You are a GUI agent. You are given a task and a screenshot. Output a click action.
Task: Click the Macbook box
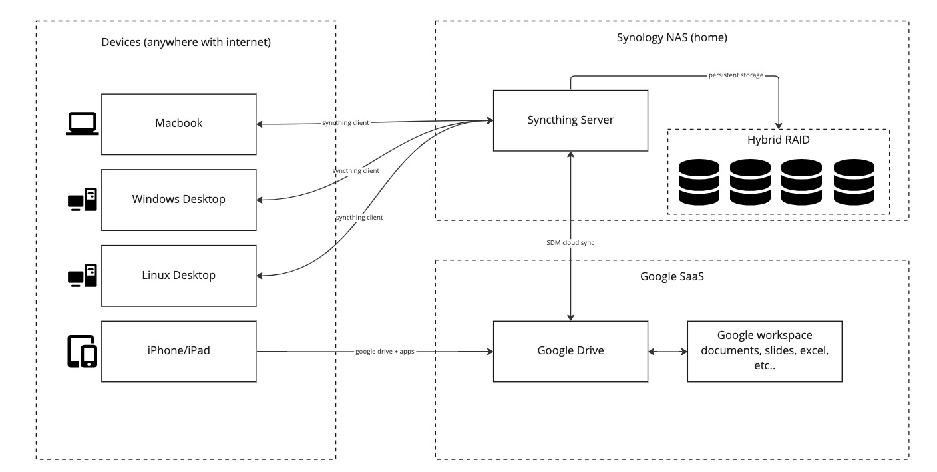[178, 124]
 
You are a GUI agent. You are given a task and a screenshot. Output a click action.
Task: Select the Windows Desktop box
[178, 200]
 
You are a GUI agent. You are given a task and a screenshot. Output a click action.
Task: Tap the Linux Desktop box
[178, 276]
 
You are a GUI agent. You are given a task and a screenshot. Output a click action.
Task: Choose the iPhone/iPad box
[178, 352]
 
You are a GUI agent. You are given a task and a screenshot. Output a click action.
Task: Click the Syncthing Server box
[570, 120]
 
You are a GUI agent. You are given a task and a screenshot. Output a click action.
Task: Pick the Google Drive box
[570, 352]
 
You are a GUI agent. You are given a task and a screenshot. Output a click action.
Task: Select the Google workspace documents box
[765, 352]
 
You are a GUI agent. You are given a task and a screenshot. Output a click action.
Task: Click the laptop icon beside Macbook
[83, 124]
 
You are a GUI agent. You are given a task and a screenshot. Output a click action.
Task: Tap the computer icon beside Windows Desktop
[83, 200]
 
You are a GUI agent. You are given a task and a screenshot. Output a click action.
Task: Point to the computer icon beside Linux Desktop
[83, 276]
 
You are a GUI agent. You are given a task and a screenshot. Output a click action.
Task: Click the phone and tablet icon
[83, 352]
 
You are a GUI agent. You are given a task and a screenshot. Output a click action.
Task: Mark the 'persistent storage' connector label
[736, 75]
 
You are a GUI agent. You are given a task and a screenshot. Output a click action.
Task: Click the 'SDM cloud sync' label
[570, 243]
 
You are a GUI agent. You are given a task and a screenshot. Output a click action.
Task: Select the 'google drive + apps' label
[385, 351]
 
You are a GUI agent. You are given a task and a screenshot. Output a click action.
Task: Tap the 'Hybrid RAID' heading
[779, 140]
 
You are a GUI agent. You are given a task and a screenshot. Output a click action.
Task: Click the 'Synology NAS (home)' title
[671, 37]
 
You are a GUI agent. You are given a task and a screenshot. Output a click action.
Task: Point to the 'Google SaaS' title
[671, 276]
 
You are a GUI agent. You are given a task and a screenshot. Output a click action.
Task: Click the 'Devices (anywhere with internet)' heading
[186, 42]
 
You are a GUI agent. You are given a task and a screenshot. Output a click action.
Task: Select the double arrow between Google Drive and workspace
[667, 352]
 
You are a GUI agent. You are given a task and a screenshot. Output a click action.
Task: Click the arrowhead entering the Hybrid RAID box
[779, 126]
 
